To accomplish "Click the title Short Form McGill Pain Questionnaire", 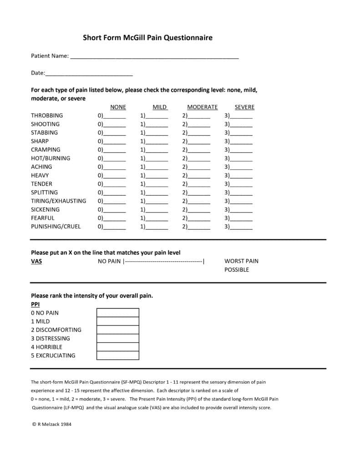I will [147, 38].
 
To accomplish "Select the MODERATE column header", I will [203, 107].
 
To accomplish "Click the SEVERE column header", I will [244, 107].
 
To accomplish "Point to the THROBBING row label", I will [47, 116].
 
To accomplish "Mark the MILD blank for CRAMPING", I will [157, 150].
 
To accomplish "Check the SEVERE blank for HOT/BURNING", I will [241, 158].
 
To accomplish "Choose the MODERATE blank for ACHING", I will [199, 167].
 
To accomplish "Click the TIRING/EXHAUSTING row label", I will [58, 201].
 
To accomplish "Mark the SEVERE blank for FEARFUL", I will [241, 218].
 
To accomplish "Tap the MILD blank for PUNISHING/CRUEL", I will [157, 227].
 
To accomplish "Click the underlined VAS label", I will [36, 261].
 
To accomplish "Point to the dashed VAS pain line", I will [164, 261].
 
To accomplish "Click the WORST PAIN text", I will [241, 261].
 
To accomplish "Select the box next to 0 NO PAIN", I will [118, 313].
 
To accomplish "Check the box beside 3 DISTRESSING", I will [118, 338].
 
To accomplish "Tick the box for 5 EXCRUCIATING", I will [118, 355].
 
